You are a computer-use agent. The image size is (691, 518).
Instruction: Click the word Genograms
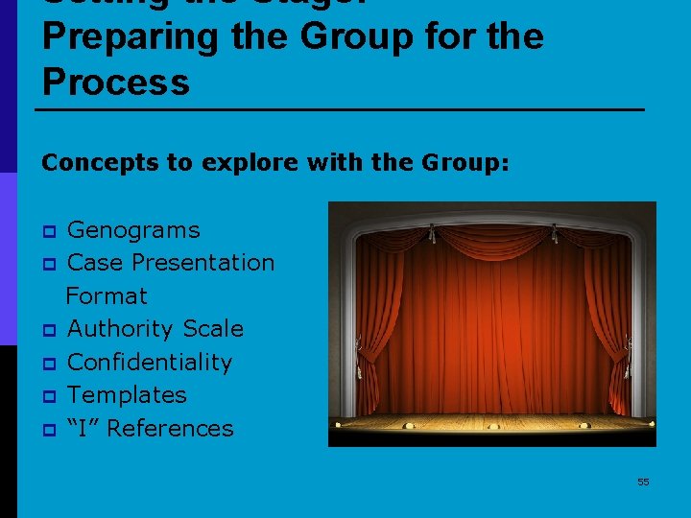(133, 230)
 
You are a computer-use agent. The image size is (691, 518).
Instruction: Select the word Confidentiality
(150, 363)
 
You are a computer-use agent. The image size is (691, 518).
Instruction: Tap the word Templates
(127, 395)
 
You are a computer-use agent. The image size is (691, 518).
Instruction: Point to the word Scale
(213, 329)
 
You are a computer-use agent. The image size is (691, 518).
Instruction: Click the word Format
(107, 296)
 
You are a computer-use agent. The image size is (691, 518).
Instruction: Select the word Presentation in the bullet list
(203, 263)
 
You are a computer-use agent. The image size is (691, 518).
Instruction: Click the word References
(170, 428)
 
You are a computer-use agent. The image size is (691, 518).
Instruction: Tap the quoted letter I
(83, 428)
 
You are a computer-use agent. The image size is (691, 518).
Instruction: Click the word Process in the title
(116, 82)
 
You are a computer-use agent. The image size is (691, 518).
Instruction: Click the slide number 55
(643, 482)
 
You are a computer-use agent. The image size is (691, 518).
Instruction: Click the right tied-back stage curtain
(610, 317)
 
